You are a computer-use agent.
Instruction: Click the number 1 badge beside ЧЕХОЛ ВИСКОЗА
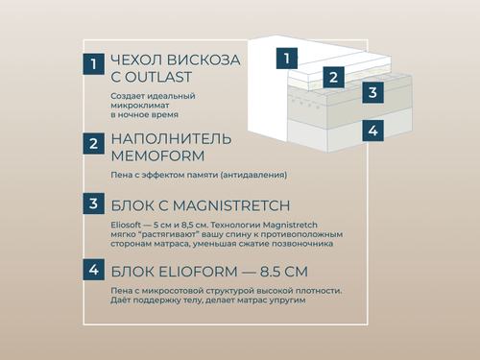point(92,64)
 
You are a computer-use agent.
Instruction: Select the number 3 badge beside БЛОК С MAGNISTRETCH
point(92,204)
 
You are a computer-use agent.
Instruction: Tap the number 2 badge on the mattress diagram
point(332,77)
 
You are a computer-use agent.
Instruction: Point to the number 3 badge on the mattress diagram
point(372,93)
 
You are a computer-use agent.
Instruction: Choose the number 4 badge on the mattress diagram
point(372,130)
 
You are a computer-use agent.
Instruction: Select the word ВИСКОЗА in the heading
point(205,60)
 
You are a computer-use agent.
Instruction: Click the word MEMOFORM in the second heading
point(156,156)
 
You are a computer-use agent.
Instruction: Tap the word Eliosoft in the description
point(128,224)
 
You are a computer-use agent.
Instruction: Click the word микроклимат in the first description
point(139,106)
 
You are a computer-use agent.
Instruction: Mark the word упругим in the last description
point(285,300)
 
